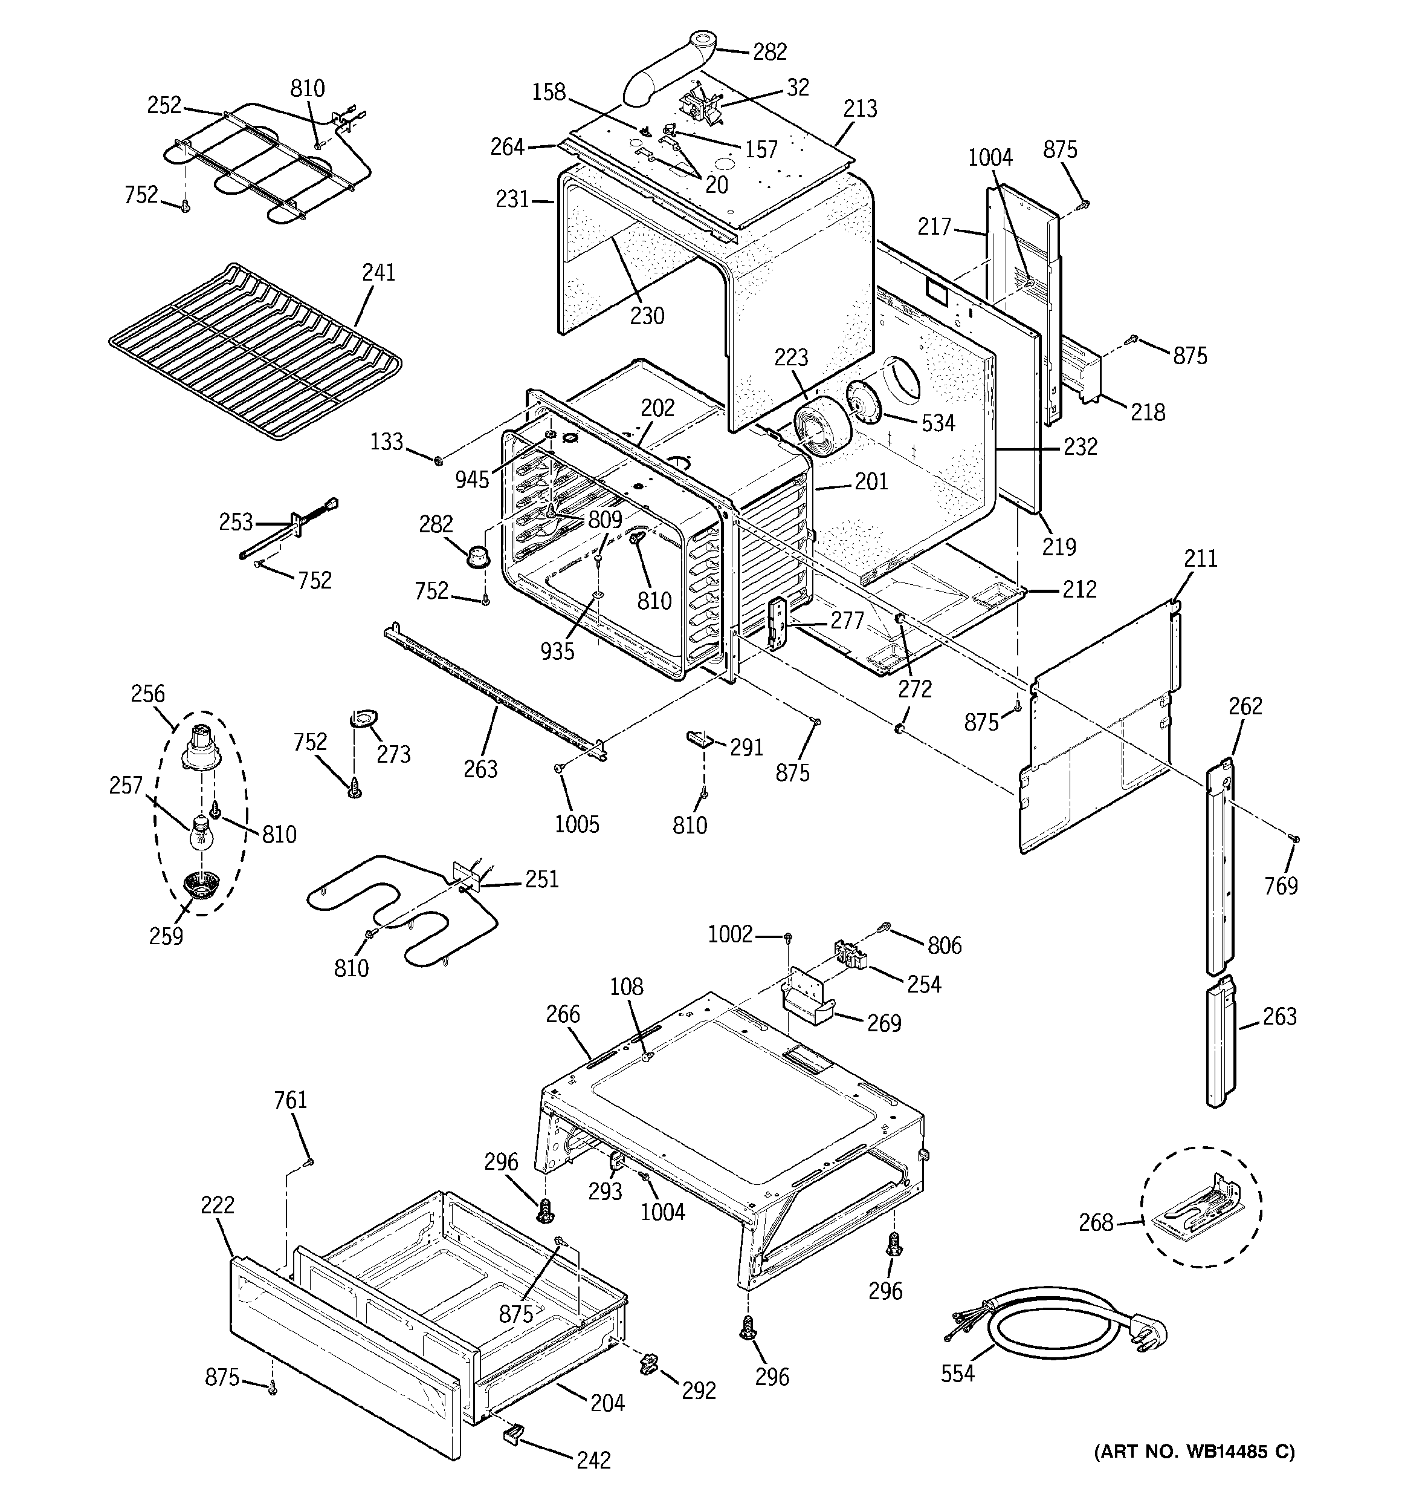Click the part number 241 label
pyautogui.click(x=378, y=272)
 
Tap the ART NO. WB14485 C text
pyautogui.click(x=1194, y=1451)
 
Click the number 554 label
pyautogui.click(x=957, y=1373)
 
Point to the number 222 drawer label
pyautogui.click(x=218, y=1205)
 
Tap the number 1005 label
pyautogui.click(x=577, y=824)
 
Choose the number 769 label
pyautogui.click(x=1281, y=885)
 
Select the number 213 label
pyautogui.click(x=860, y=108)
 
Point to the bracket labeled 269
pyautogui.click(x=809, y=1002)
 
